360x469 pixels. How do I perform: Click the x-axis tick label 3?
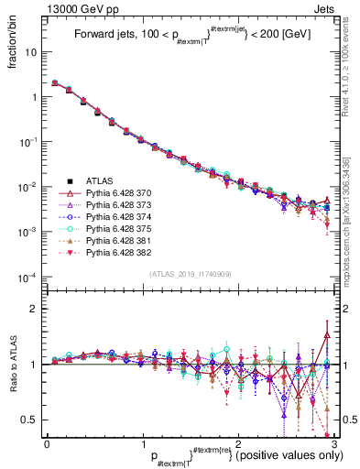[x=333, y=443]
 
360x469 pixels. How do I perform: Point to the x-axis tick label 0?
[x=47, y=443]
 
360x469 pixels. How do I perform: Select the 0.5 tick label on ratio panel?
[x=31, y=420]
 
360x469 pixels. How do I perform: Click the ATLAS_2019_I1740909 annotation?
[x=190, y=274]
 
